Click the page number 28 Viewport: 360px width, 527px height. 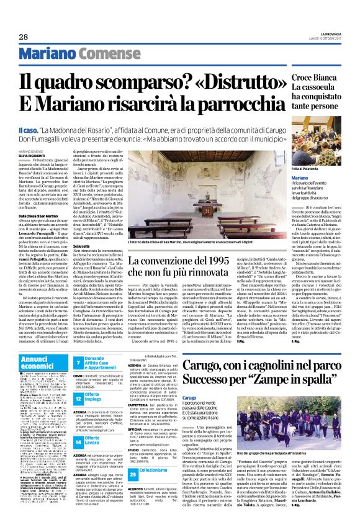tap(24, 37)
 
